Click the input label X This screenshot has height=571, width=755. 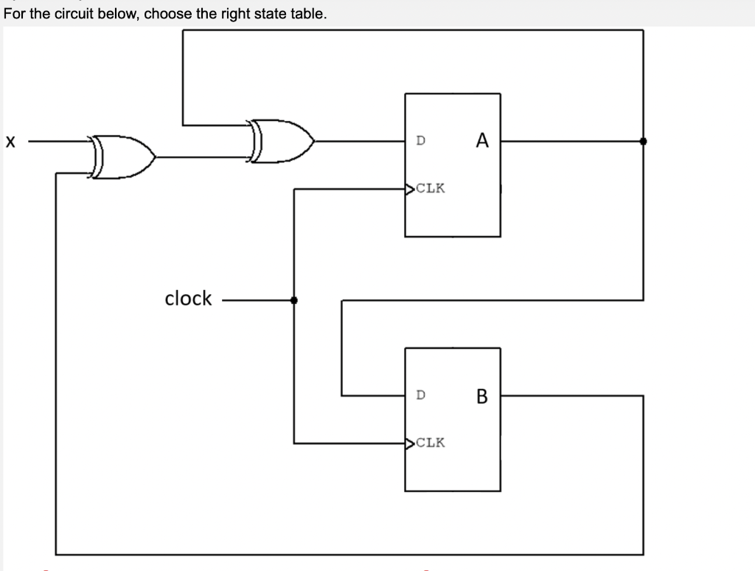point(9,141)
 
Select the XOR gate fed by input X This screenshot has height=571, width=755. point(122,156)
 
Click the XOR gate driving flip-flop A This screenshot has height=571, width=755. point(282,140)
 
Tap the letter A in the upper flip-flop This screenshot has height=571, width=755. point(482,140)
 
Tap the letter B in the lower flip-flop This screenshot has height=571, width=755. point(482,396)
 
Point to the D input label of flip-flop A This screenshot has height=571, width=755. point(420,139)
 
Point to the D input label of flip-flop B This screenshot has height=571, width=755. point(420,395)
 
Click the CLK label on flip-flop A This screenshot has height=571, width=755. point(431,188)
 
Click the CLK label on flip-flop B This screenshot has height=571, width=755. point(431,443)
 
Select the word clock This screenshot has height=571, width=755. point(188,299)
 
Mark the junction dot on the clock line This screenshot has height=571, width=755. point(294,300)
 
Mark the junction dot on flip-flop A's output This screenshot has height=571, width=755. point(643,141)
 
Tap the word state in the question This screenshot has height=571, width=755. point(274,14)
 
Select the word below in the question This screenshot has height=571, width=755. point(111,14)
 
